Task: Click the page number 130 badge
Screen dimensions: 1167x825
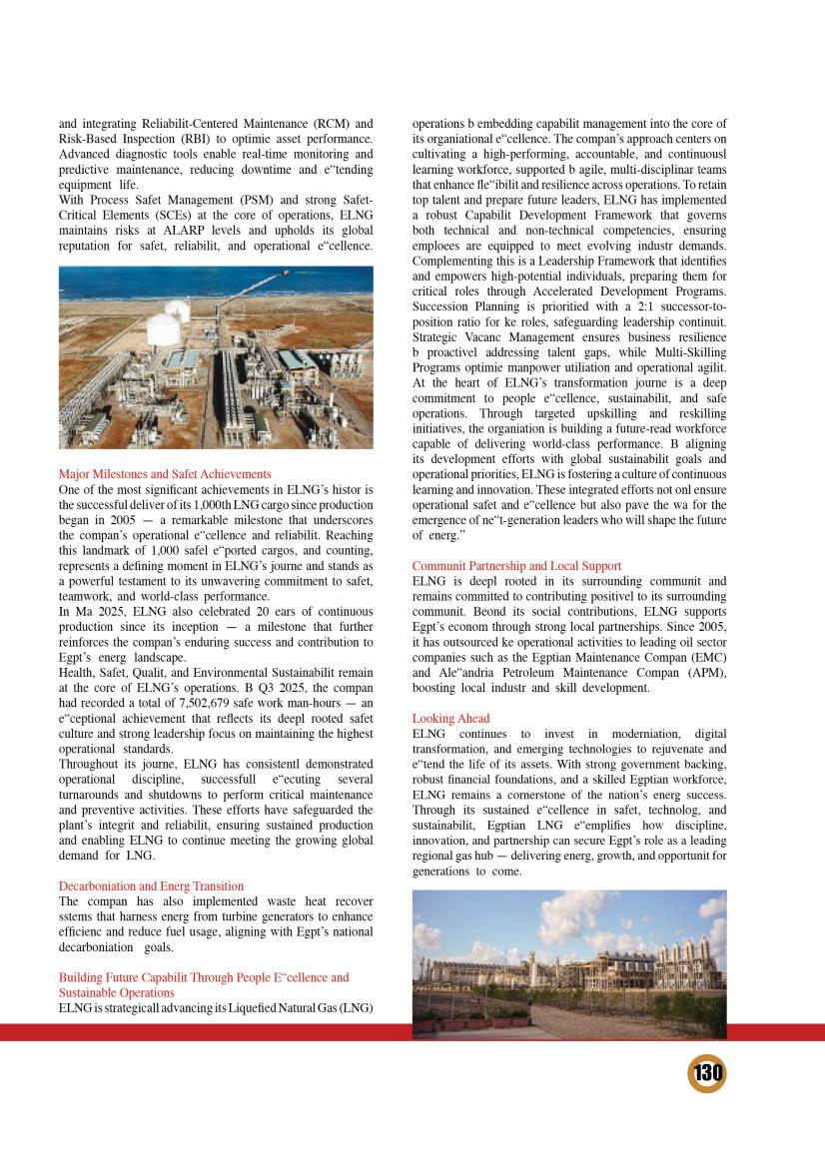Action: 706,1075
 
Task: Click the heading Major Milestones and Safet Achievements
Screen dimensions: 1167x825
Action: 165,473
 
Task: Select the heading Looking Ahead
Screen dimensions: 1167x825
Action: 450,719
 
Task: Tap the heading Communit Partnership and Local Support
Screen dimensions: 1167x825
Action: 516,566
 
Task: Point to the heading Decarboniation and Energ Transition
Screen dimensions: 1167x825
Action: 151,885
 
